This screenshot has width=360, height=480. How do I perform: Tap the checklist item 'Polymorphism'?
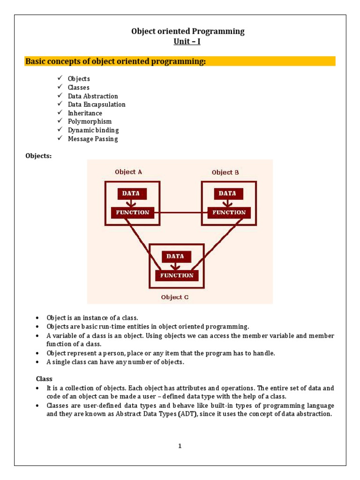point(90,122)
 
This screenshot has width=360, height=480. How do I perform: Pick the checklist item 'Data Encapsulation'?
point(97,105)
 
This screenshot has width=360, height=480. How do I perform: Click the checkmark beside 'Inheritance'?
point(60,113)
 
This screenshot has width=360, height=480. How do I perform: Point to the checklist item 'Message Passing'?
point(93,139)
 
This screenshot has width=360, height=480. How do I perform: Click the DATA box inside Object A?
point(132,193)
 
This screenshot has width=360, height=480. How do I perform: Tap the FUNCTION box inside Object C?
point(177,275)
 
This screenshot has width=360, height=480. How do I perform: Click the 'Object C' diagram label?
point(175,297)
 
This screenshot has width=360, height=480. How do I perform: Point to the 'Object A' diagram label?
point(128,172)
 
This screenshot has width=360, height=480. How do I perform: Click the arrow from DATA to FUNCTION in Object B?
point(227,203)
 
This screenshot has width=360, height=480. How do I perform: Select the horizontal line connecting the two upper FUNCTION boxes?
point(181,212)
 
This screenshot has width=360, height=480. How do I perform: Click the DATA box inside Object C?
point(176,256)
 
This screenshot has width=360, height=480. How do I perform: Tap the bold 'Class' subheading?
point(45,378)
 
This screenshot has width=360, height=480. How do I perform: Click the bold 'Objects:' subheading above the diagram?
point(38,156)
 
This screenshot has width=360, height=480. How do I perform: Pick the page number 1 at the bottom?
point(180,446)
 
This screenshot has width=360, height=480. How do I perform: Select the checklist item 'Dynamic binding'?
point(93,130)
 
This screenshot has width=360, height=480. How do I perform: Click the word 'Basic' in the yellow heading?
point(35,61)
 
